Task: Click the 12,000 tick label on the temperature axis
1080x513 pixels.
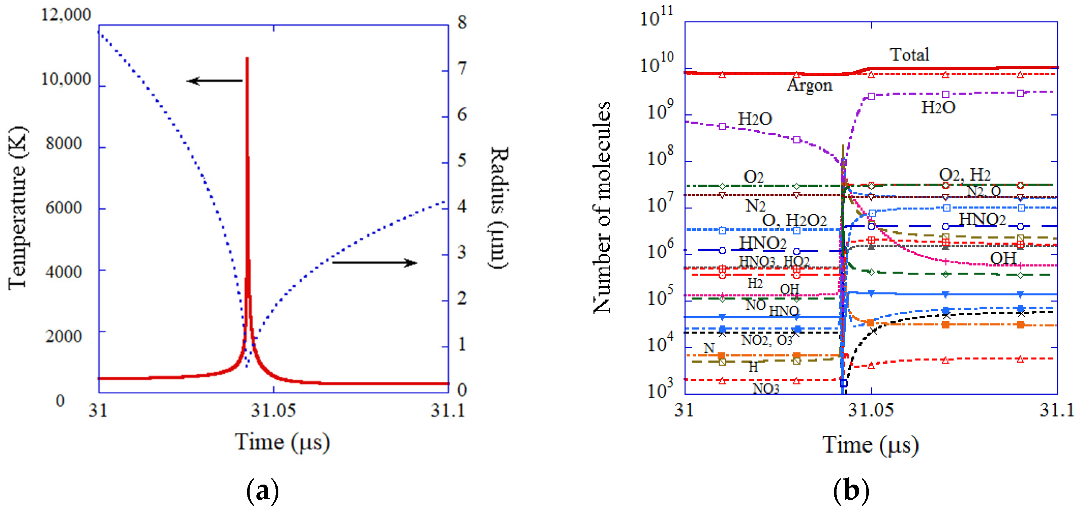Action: (x=65, y=15)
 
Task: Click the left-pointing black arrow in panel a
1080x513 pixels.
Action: (x=214, y=81)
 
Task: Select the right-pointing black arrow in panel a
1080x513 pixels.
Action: (x=374, y=263)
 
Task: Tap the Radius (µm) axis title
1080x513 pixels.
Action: (x=499, y=207)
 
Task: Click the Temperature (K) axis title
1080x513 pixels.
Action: (x=18, y=208)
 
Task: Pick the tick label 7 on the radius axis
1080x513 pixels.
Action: (x=462, y=68)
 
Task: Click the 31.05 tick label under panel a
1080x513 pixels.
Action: (x=273, y=410)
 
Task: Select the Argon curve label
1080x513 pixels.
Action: (x=809, y=85)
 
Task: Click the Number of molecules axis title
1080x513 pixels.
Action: (x=602, y=207)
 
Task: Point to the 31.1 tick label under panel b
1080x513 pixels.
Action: (x=1057, y=410)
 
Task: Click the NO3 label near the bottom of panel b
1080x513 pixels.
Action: (x=766, y=389)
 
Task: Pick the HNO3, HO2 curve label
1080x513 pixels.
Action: (x=774, y=261)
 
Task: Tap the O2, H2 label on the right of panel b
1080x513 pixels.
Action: (x=964, y=174)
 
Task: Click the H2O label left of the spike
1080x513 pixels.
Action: (x=755, y=119)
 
